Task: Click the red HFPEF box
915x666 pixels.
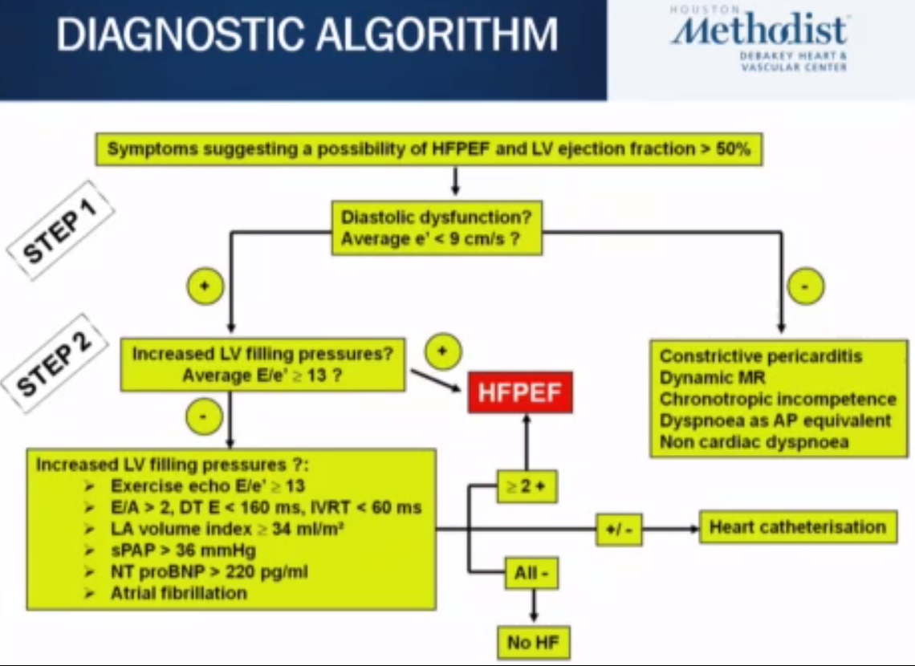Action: pyautogui.click(x=520, y=392)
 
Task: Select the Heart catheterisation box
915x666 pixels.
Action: pyautogui.click(x=798, y=527)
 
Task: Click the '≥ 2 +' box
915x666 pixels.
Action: pyautogui.click(x=527, y=486)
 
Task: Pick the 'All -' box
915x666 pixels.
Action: pyautogui.click(x=531, y=573)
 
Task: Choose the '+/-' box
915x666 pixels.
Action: pyautogui.click(x=618, y=530)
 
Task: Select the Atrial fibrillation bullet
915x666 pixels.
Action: pyautogui.click(x=179, y=593)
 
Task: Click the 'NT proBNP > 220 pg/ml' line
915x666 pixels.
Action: pyautogui.click(x=209, y=572)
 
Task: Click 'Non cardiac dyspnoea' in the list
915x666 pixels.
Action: pyautogui.click(x=754, y=441)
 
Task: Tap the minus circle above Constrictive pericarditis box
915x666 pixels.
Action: pyautogui.click(x=806, y=286)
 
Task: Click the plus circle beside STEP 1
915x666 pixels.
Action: pyautogui.click(x=205, y=286)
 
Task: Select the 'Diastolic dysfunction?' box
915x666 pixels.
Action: pyautogui.click(x=437, y=227)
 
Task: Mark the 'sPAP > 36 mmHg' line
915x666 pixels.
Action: pyautogui.click(x=185, y=550)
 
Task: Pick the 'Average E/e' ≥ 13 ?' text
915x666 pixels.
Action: pyautogui.click(x=262, y=374)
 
